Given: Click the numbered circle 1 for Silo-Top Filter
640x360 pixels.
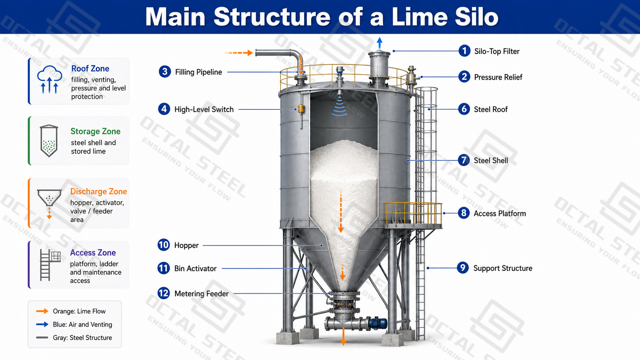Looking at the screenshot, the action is [464, 51].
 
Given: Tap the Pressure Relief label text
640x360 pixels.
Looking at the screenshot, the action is [498, 77].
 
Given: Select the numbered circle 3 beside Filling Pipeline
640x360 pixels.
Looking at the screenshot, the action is [165, 72].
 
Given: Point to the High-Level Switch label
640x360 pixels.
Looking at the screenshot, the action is [204, 109].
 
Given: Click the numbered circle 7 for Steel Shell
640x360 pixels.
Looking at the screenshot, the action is [464, 160].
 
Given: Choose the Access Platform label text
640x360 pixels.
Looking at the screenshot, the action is [500, 213].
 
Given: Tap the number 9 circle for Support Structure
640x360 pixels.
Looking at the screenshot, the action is [462, 268].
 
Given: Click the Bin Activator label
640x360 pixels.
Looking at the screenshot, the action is [196, 269].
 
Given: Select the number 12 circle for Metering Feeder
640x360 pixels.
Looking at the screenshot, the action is [163, 293].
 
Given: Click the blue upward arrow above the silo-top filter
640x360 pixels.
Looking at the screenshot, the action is [379, 43].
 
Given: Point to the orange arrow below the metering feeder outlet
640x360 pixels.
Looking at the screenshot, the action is [343, 336].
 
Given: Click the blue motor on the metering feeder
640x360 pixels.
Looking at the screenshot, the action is [378, 323].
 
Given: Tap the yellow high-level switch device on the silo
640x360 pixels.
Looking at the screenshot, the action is [301, 109].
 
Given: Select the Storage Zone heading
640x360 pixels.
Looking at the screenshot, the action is [95, 131].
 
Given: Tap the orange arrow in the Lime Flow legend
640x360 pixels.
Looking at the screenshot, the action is [42, 311].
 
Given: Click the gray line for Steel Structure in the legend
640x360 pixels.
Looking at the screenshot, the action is [42, 337].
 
